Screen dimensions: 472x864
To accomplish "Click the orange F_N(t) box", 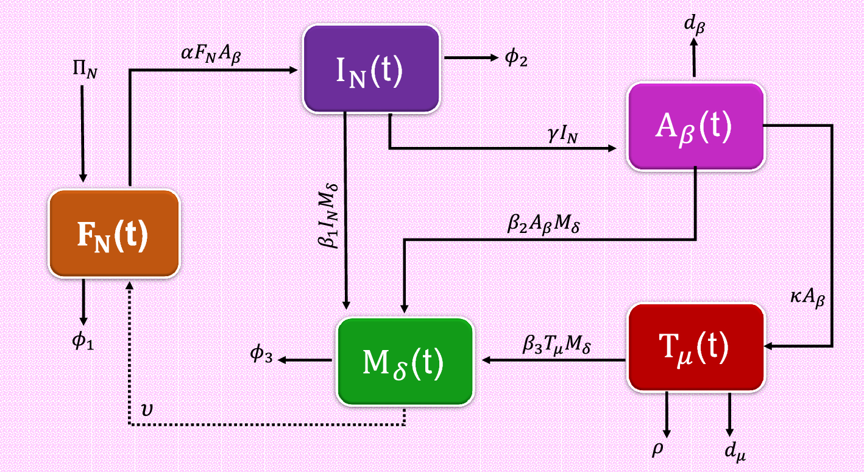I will click(x=114, y=234).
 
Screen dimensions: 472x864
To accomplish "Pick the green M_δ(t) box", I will click(x=406, y=361).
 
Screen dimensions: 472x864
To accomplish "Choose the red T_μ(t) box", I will click(x=696, y=346).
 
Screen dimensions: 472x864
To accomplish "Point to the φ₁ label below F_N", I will click(x=83, y=341).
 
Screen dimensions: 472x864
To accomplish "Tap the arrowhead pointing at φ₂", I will click(x=493, y=59).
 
